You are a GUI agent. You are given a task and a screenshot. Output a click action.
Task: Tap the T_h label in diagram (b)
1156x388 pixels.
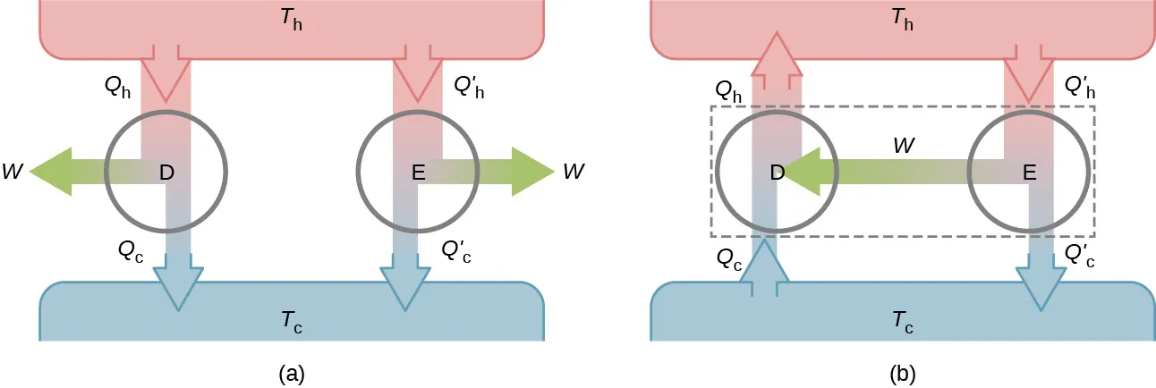point(902,21)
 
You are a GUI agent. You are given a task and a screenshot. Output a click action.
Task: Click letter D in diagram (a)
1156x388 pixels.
point(166,172)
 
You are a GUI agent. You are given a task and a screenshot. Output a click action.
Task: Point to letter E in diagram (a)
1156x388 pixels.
point(418,172)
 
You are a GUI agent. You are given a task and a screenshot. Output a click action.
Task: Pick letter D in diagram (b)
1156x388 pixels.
point(777,172)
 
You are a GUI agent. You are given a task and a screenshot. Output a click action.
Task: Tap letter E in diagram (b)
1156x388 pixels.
point(1029,172)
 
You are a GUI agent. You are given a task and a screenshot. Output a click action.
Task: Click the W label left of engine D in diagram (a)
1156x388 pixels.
point(12,171)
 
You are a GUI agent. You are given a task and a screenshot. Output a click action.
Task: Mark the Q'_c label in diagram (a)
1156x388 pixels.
point(455,252)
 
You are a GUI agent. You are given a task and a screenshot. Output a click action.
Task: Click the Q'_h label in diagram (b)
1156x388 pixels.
point(1081,88)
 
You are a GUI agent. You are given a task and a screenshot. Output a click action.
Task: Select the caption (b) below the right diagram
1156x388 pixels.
point(902,373)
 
